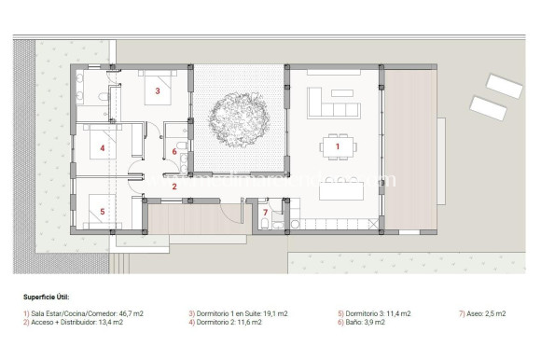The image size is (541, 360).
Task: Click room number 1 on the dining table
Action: pos(337,145)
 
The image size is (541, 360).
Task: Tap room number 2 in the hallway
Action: pos(173,187)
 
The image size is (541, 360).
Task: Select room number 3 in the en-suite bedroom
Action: pos(158,91)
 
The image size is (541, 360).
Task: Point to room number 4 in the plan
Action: pos(103,147)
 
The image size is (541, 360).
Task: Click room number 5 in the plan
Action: pos(103,211)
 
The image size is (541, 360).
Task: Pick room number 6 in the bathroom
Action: pos(174,151)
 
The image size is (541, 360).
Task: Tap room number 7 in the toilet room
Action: pos(265,213)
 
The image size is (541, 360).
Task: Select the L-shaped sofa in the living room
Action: pos(331,102)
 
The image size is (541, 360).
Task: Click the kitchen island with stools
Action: pos(340,190)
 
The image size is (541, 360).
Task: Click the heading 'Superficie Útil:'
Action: pos(46,297)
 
